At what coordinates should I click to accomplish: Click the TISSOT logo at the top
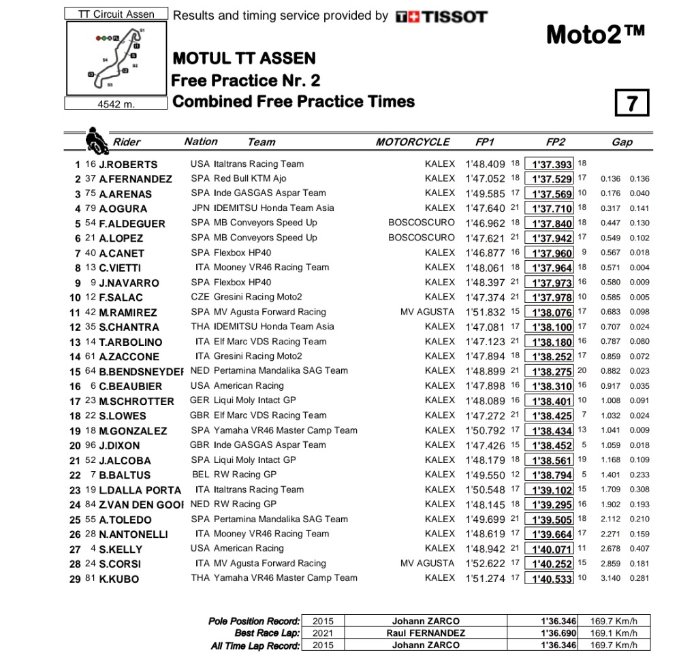point(441,16)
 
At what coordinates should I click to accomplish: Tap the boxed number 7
point(631,103)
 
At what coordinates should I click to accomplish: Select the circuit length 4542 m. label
point(116,104)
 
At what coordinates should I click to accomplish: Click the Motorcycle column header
point(413,142)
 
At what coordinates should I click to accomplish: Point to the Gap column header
point(622,142)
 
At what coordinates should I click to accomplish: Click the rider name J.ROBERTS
point(128,164)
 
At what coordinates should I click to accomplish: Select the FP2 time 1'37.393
point(552,164)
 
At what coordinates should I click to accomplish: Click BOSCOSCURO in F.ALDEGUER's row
point(422,223)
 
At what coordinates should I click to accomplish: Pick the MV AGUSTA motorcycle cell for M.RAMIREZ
point(427,312)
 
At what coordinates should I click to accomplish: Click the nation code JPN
point(200,208)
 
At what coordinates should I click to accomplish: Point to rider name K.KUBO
point(119,579)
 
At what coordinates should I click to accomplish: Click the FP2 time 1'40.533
point(552,579)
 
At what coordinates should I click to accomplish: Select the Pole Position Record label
point(254,621)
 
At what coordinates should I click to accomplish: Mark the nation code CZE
point(200,297)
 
